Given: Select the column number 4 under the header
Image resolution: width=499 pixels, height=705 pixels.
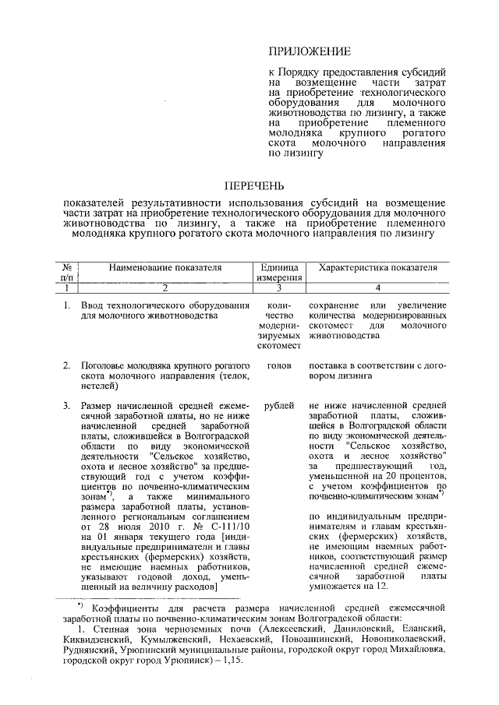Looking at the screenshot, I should [x=377, y=287].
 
